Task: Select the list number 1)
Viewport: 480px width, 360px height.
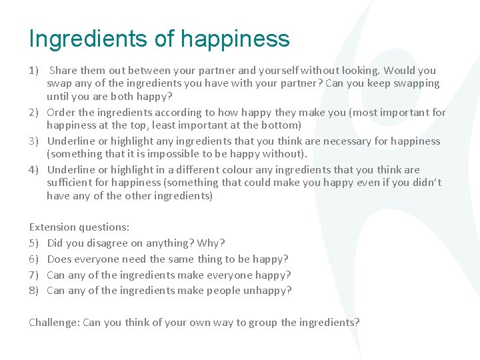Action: [35, 70]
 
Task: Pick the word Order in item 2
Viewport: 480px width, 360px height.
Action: [61, 112]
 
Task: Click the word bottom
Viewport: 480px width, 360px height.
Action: [281, 125]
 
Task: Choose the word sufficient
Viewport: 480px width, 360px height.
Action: [71, 182]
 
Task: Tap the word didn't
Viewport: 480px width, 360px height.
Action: [423, 182]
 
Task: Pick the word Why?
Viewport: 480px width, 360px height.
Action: [212, 243]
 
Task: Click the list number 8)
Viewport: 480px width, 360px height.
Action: [35, 290]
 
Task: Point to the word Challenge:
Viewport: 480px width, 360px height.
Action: [54, 322]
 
